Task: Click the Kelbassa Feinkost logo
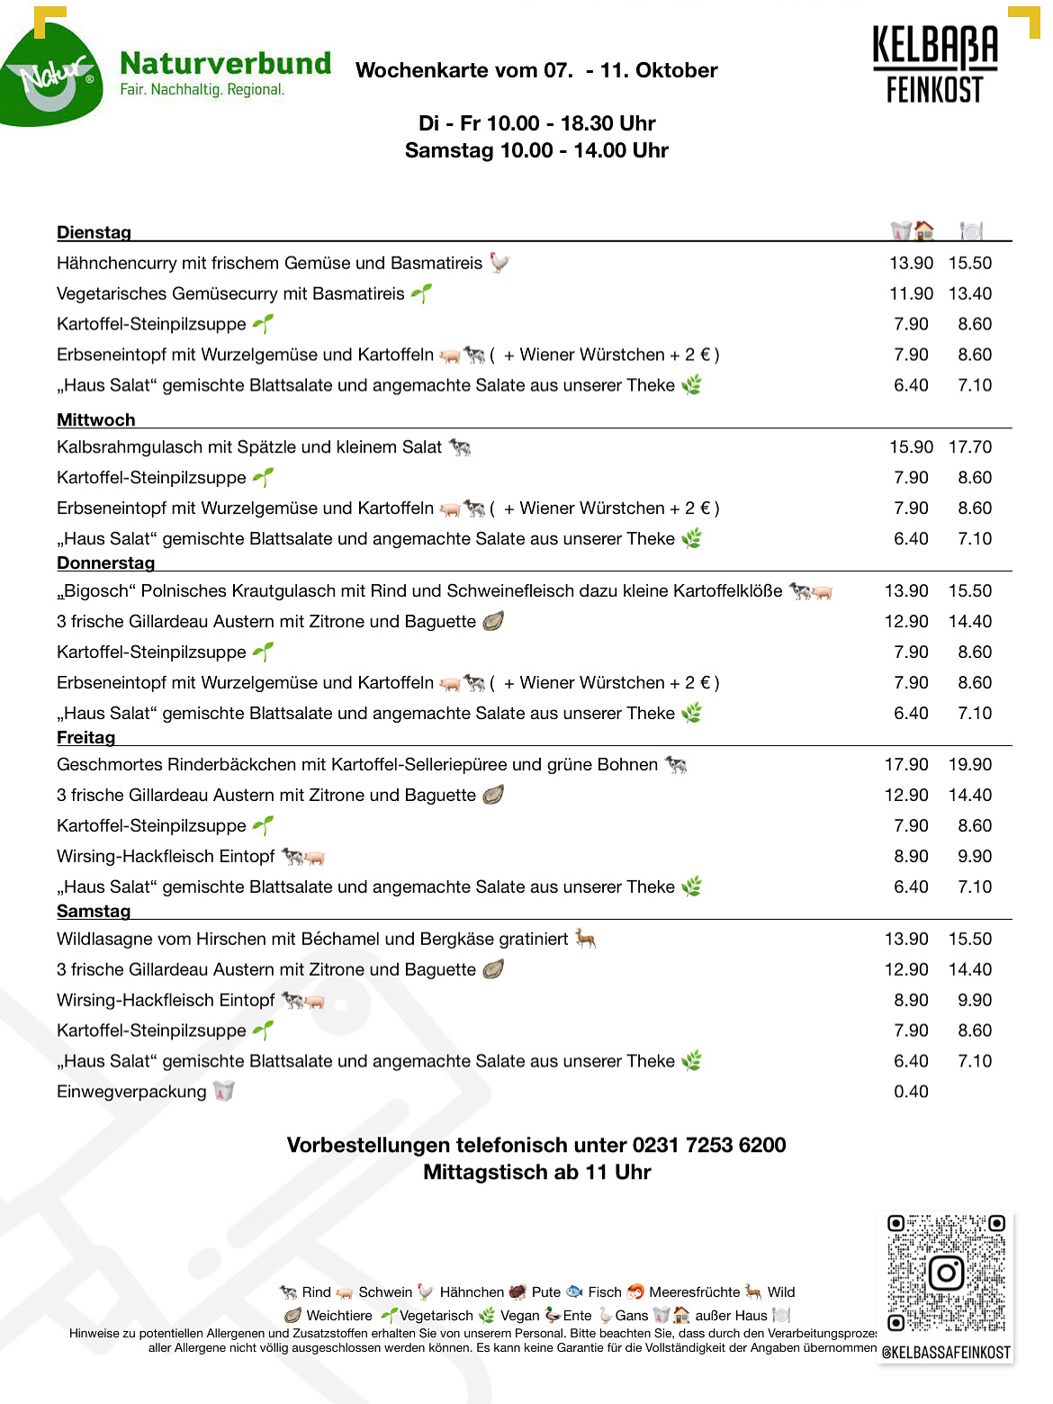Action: click(x=935, y=65)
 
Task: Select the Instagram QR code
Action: click(x=946, y=1273)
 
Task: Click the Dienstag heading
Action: click(x=94, y=232)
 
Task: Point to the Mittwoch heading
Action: click(x=95, y=419)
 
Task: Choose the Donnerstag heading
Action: click(x=105, y=562)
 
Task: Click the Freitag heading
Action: click(x=85, y=737)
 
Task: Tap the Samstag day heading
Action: click(x=94, y=911)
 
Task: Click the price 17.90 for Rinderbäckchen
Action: click(x=906, y=764)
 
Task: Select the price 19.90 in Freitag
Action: click(x=970, y=764)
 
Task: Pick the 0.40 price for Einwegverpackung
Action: click(x=911, y=1092)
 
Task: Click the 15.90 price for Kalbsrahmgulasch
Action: click(x=911, y=446)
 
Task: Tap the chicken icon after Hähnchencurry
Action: click(x=499, y=262)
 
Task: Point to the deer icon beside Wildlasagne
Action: click(x=586, y=939)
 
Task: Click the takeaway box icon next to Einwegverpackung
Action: click(x=223, y=1091)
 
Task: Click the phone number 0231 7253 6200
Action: click(x=709, y=1145)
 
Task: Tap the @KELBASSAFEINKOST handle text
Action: click(x=946, y=1352)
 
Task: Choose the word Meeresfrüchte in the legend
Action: click(x=694, y=1292)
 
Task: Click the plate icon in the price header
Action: click(x=970, y=231)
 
